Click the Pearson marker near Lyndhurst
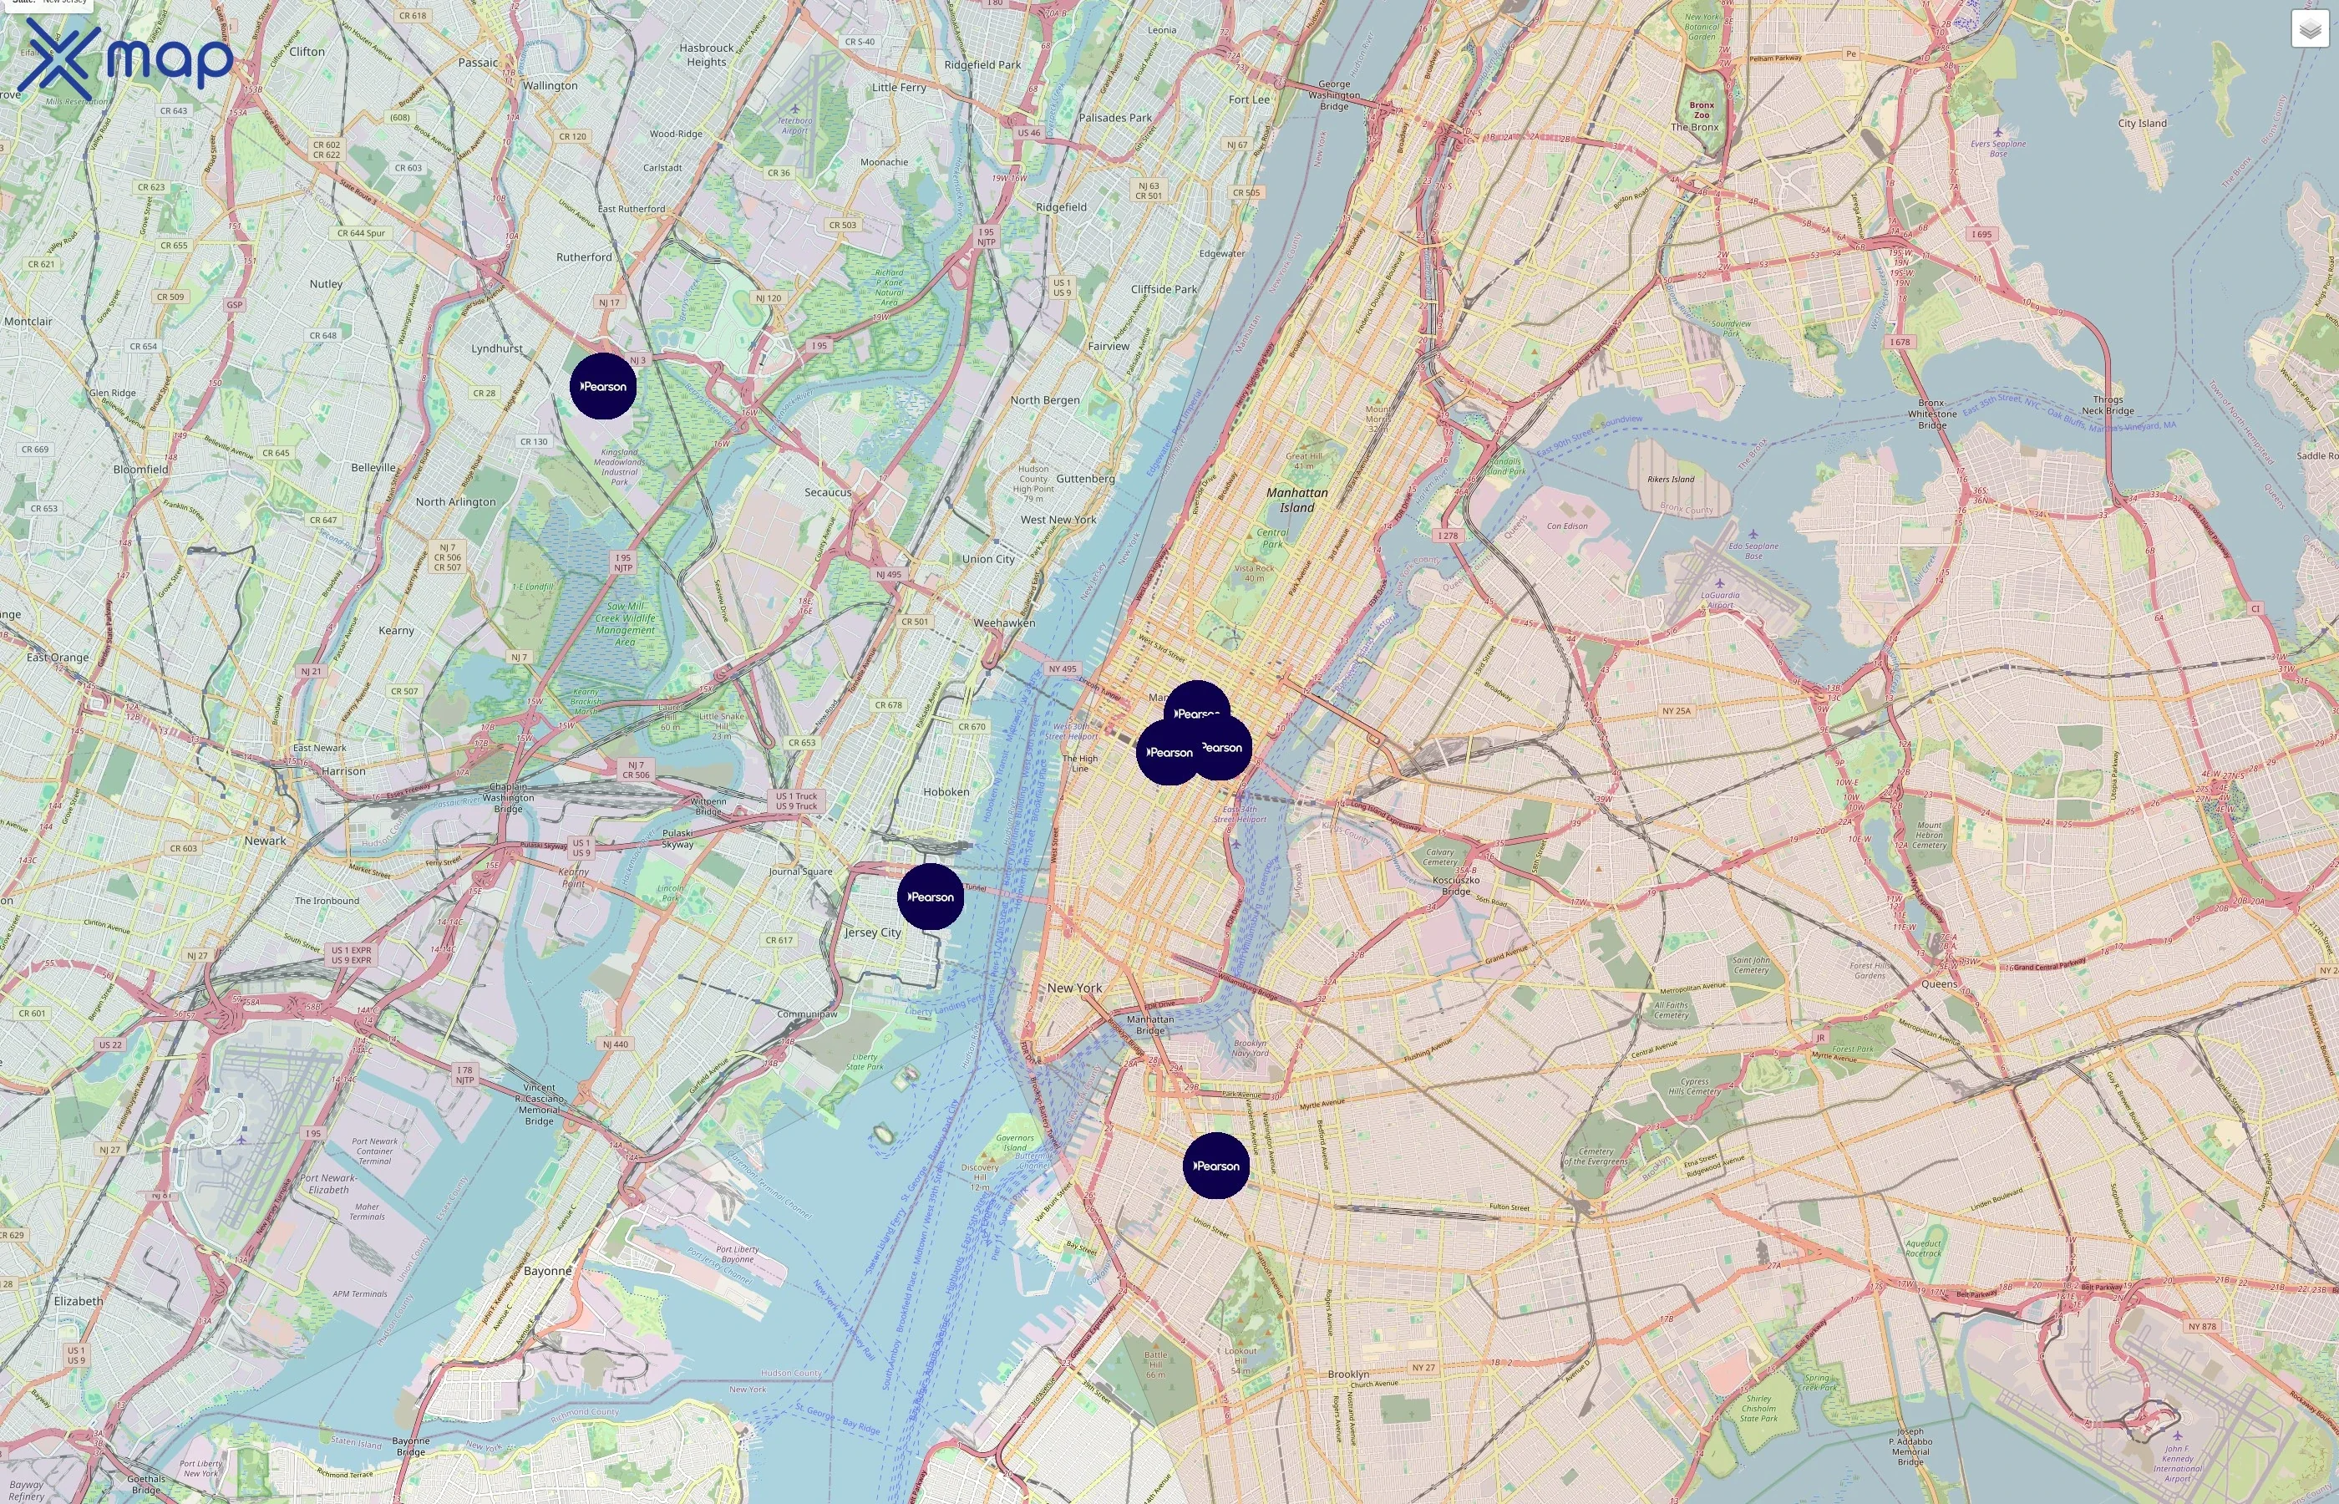click(x=603, y=387)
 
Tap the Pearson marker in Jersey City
click(x=931, y=897)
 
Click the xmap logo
click(x=125, y=58)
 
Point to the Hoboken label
click(x=946, y=792)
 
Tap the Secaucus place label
click(x=828, y=492)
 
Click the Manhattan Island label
click(x=1296, y=500)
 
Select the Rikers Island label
click(x=1670, y=480)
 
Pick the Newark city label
click(x=266, y=841)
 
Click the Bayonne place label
click(x=548, y=1271)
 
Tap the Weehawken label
click(x=1003, y=623)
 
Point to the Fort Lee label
click(x=1249, y=99)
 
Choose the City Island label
click(x=2142, y=123)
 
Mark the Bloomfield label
click(x=140, y=469)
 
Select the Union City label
click(x=988, y=559)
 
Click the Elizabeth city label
click(x=78, y=1301)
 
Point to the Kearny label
click(x=395, y=631)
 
